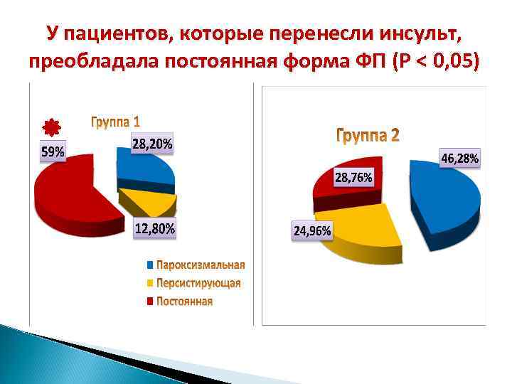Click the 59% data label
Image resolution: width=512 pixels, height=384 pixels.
52,151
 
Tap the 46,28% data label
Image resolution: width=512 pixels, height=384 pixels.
461,158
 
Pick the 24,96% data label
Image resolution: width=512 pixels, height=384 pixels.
313,230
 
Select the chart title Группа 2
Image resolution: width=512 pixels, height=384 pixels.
367,135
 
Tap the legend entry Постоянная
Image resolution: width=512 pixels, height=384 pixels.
183,302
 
